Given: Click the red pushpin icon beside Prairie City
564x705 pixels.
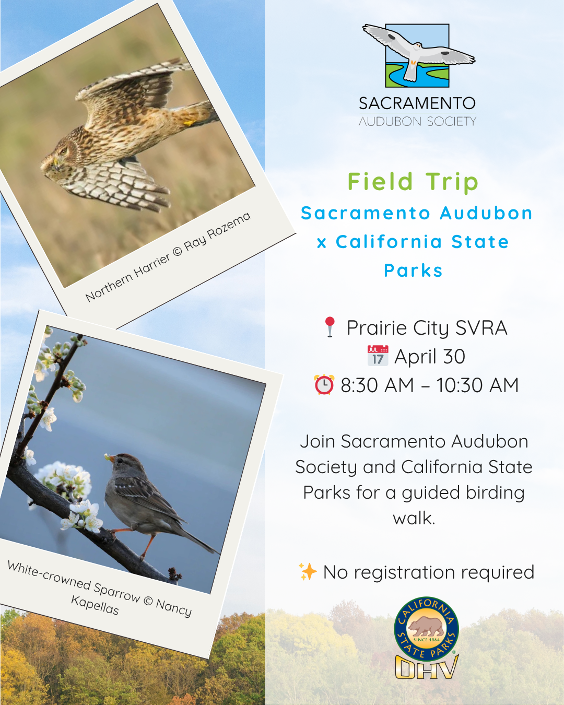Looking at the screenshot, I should (x=330, y=327).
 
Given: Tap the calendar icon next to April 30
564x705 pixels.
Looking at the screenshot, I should (x=378, y=356).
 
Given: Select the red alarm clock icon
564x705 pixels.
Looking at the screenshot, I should (x=324, y=385).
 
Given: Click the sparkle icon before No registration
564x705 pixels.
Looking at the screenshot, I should (x=308, y=571).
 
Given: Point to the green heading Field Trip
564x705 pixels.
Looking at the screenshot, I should (x=413, y=182).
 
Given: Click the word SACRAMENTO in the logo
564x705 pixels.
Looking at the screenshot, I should (x=417, y=103).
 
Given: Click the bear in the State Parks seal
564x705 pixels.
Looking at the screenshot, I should (x=426, y=625).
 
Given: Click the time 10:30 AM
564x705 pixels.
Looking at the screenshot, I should (x=477, y=385).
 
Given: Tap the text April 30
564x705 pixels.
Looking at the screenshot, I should (x=429, y=357).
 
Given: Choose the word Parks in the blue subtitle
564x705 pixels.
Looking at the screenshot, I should (x=413, y=271).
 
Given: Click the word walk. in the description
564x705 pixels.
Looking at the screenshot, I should (x=414, y=518).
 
